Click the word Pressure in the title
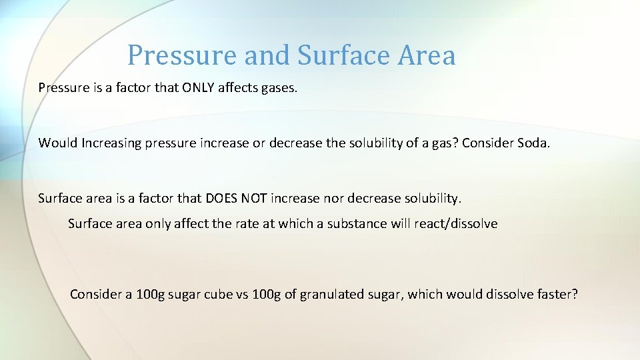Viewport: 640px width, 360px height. [182, 55]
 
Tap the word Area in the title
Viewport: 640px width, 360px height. [427, 55]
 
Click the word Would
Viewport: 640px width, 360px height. [58, 143]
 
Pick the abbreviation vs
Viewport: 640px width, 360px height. [242, 295]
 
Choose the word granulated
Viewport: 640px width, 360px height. [331, 295]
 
